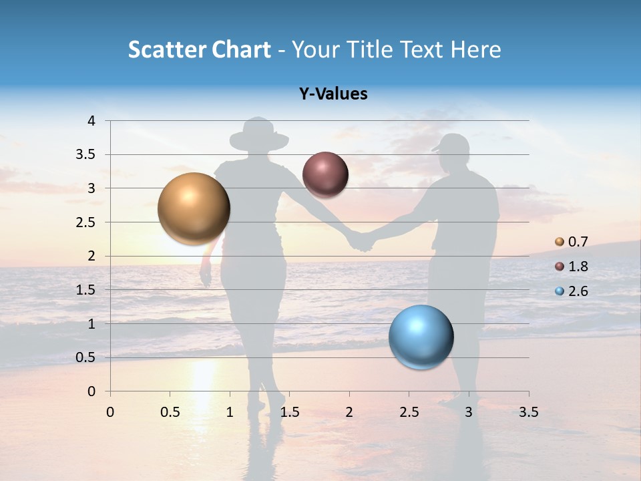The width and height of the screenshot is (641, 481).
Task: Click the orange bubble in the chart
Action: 194,208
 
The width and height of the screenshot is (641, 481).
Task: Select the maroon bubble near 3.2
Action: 325,174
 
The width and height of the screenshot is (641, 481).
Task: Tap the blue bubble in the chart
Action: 421,337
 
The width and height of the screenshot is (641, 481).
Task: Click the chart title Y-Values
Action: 333,94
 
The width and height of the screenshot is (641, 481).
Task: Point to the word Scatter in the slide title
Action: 166,49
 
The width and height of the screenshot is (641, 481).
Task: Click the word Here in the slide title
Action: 475,49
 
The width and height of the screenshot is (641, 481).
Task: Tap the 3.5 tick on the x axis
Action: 528,412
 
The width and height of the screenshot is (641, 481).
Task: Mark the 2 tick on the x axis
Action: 349,412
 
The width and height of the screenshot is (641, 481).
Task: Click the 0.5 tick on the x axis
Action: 170,412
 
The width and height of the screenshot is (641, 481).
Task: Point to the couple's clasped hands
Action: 361,240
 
